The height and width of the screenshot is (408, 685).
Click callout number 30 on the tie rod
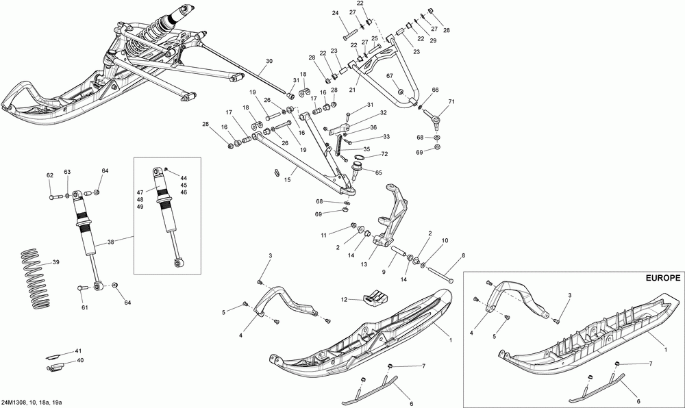tap(269, 62)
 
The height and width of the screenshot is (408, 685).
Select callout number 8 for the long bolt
tap(462, 255)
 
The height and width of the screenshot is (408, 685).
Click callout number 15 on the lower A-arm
tap(287, 180)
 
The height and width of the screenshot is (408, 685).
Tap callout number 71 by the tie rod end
tap(451, 102)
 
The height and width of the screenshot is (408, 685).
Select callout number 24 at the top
tap(336, 14)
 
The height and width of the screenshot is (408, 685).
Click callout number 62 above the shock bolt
tap(50, 176)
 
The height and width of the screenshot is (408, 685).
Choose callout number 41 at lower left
tap(79, 350)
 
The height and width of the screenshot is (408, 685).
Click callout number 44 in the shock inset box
tap(184, 177)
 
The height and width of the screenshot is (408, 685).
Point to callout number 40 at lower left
tap(80, 360)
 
